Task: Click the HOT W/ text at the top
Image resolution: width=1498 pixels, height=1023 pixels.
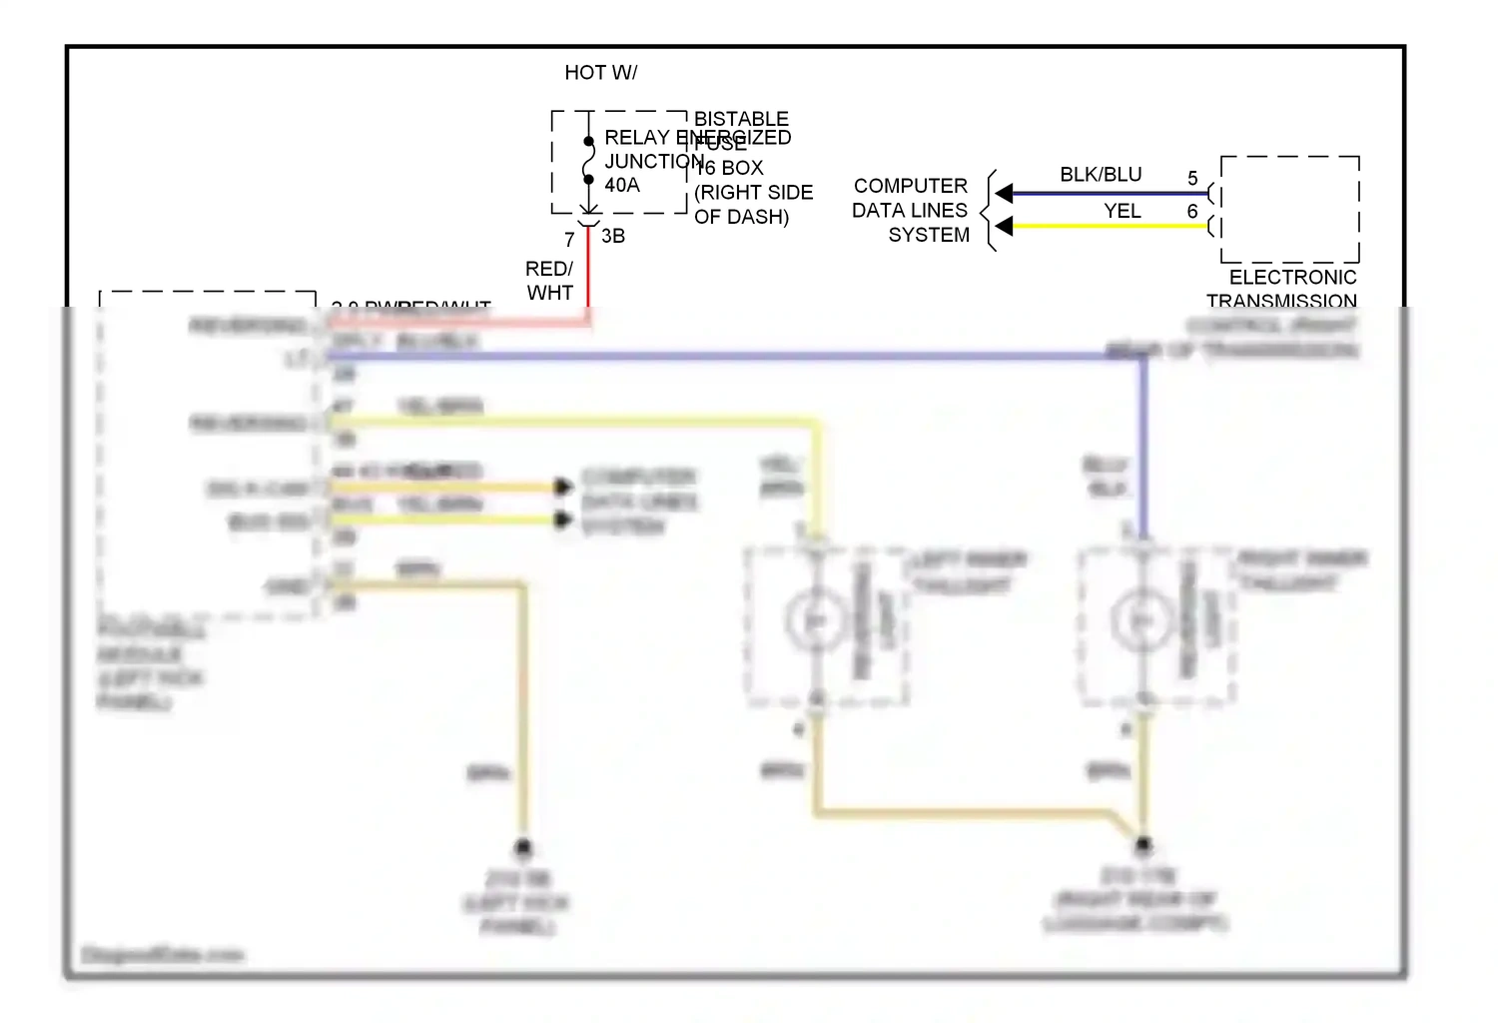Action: point(600,73)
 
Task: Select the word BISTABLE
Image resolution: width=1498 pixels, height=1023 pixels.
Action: point(741,118)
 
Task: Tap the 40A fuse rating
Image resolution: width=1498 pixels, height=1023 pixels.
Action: point(622,185)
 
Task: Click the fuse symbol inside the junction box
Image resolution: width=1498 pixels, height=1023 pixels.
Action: point(589,161)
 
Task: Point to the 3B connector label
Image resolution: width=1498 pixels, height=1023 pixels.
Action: point(613,236)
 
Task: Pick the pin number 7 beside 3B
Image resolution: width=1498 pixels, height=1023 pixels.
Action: point(569,240)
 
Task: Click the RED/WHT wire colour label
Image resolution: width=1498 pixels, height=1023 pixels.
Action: point(549,281)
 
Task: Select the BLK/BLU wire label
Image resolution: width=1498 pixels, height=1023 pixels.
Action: point(1101,175)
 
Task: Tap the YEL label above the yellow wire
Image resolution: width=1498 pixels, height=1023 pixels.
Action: point(1122,211)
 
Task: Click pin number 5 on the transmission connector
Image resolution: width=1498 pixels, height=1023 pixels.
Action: point(1192,178)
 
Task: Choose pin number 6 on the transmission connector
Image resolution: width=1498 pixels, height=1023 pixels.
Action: point(1192,211)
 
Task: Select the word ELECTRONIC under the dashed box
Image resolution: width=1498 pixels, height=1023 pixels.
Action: point(1292,277)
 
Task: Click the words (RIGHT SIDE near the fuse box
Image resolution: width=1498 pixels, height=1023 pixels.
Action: point(754,192)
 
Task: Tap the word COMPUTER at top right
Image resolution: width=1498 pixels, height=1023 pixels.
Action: point(910,186)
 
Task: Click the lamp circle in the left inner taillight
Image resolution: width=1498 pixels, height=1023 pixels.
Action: point(816,621)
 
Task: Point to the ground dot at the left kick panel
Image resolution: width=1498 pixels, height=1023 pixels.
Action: point(522,848)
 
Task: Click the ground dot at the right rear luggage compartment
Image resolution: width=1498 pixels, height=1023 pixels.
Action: point(1143,844)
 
